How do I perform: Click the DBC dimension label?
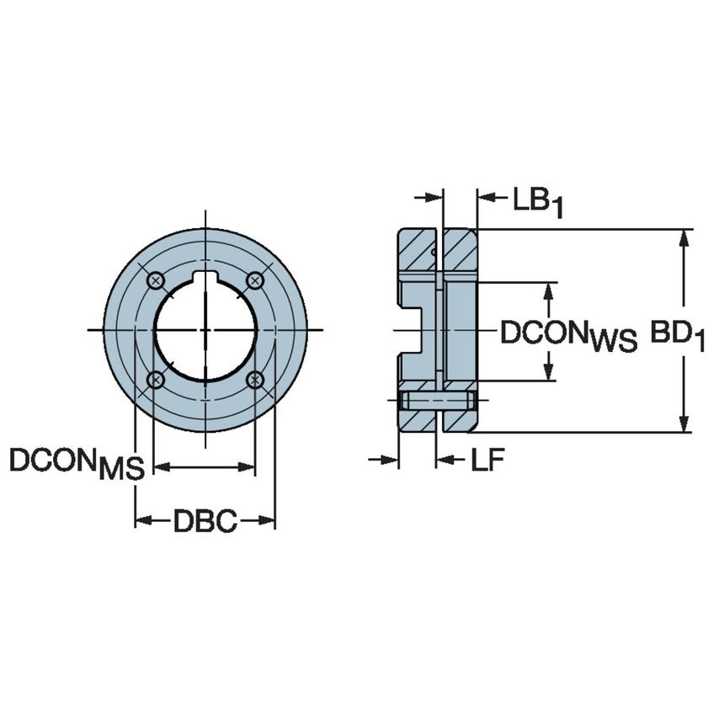click(x=205, y=521)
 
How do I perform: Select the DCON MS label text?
click(x=77, y=463)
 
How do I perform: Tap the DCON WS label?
click(x=568, y=334)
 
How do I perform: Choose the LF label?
click(x=488, y=460)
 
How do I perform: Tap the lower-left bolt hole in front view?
click(x=155, y=381)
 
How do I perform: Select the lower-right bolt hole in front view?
click(x=255, y=381)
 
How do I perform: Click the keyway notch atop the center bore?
click(x=205, y=279)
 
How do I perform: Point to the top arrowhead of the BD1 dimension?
click(x=684, y=237)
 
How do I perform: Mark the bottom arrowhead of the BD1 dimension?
click(x=684, y=423)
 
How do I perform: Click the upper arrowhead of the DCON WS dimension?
click(x=549, y=290)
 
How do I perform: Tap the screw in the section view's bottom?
click(x=437, y=400)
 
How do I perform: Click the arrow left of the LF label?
click(x=446, y=460)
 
